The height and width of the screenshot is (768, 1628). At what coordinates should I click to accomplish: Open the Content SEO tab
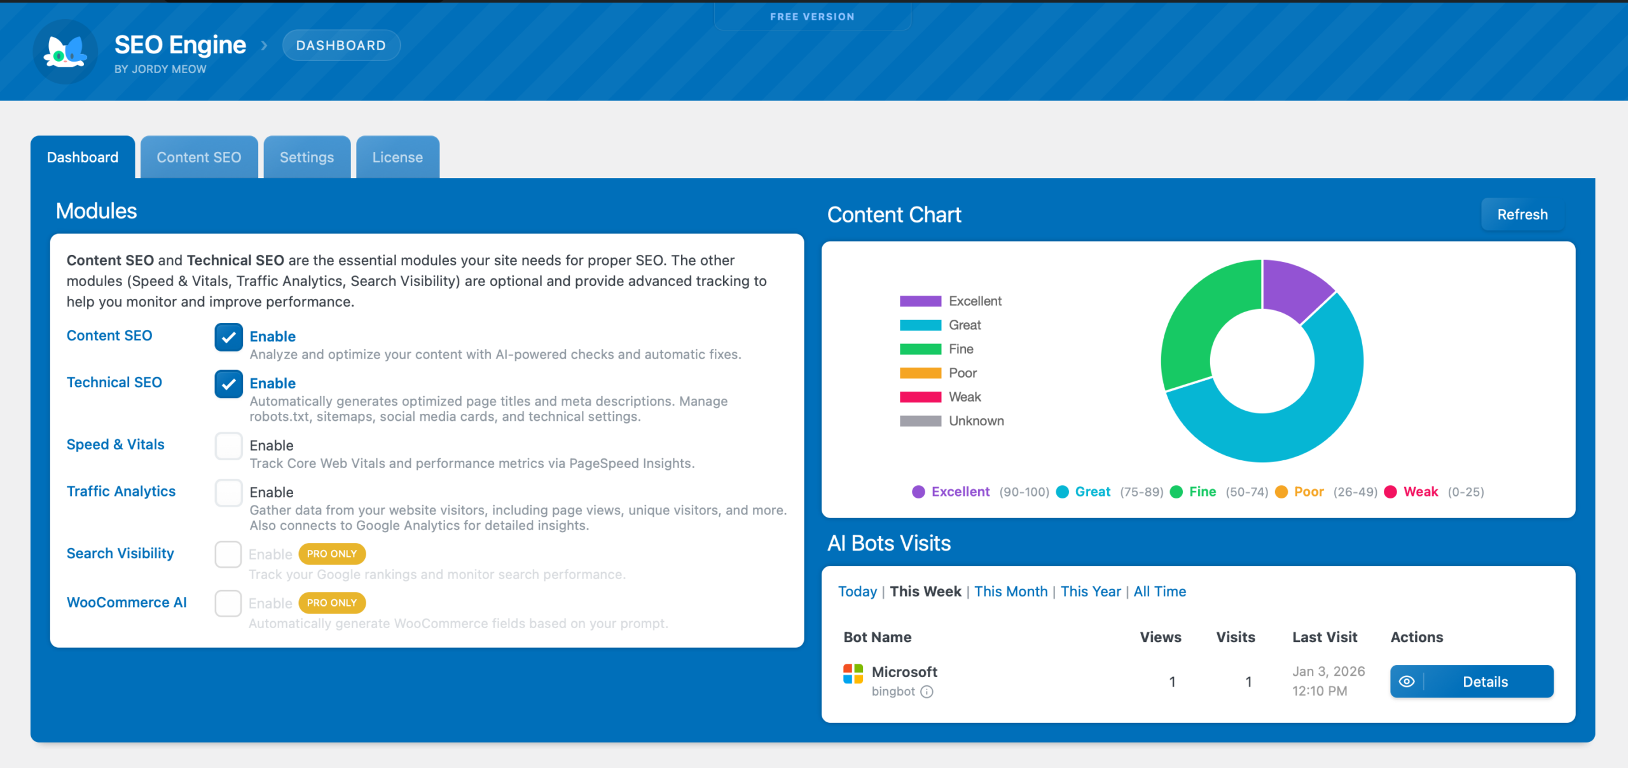198,157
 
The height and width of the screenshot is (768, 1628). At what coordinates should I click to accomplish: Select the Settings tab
307,157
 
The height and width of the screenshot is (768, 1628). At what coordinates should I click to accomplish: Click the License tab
397,157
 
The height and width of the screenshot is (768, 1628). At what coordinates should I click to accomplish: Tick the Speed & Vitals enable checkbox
228,446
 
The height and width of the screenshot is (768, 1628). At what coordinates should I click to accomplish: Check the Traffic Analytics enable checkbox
228,493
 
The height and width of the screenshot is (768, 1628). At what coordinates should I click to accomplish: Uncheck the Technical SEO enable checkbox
228,383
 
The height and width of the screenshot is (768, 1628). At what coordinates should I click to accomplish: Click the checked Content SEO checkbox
228,336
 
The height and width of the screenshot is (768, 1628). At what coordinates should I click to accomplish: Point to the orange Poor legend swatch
920,373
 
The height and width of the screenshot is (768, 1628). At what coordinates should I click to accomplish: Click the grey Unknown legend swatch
920,421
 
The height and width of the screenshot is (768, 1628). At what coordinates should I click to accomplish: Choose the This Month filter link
1011,591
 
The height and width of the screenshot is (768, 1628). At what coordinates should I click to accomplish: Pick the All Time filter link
1159,591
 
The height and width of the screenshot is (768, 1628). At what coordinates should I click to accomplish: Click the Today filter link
857,591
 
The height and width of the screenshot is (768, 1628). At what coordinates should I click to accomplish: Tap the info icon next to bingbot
927,692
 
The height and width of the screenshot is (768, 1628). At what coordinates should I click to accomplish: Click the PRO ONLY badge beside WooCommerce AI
332,603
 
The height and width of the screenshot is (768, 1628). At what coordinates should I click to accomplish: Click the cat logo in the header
65,51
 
